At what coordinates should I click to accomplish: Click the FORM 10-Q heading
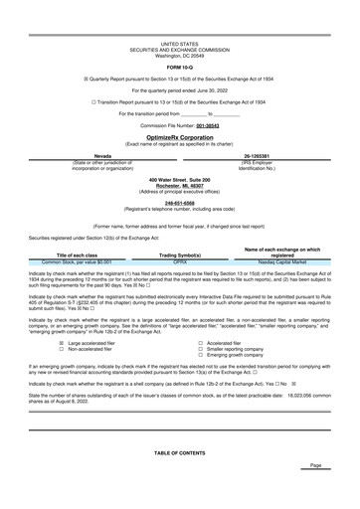tap(179, 67)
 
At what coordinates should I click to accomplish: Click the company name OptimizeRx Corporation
tap(179, 139)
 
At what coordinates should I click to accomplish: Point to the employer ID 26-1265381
tap(258, 156)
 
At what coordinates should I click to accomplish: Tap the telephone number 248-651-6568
tap(179, 201)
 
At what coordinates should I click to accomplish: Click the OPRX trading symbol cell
tap(180, 261)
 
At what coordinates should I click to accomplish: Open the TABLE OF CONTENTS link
tap(179, 451)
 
